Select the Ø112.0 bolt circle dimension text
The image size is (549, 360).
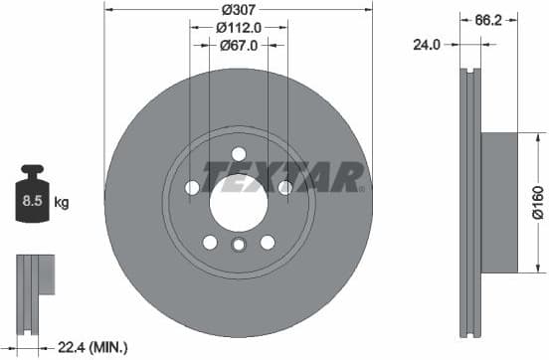pyautogui.click(x=239, y=27)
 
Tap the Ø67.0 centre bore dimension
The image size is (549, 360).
pyautogui.click(x=239, y=45)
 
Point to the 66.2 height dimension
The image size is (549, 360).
pyautogui.click(x=486, y=17)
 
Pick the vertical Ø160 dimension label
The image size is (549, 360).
pyautogui.click(x=536, y=204)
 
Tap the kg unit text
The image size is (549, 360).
pyautogui.click(x=62, y=203)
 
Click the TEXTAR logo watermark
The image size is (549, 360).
pyautogui.click(x=282, y=176)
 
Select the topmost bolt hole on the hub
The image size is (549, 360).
pyautogui.click(x=239, y=153)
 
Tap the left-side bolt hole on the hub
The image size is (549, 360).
pyautogui.click(x=192, y=187)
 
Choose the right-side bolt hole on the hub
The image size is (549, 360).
pyautogui.click(x=285, y=187)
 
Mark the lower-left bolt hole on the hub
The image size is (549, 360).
pyautogui.click(x=210, y=242)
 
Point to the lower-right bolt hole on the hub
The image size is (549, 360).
pyautogui.click(x=268, y=242)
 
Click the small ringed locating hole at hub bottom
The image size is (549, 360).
pyautogui.click(x=239, y=247)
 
